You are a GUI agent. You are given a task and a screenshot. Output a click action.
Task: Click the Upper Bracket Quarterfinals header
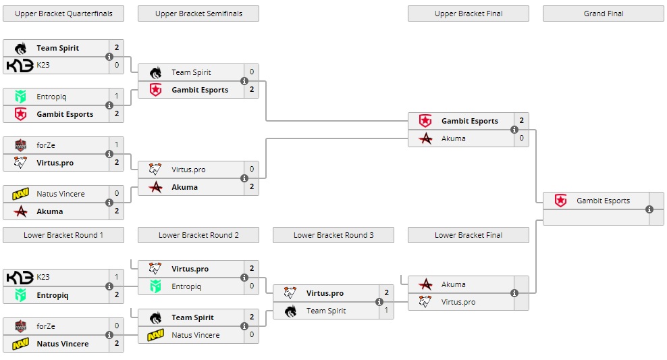point(63,14)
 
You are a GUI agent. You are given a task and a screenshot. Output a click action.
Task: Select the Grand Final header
point(604,14)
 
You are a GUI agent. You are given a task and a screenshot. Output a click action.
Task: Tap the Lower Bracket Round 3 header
point(333,235)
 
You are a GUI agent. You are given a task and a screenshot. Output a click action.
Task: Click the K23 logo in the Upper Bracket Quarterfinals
point(18,66)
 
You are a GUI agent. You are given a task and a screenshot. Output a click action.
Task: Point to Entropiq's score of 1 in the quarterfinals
point(116,97)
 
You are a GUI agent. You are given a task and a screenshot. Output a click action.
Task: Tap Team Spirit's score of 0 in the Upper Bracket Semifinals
point(251,72)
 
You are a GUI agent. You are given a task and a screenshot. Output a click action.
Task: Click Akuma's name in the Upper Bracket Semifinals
point(184,187)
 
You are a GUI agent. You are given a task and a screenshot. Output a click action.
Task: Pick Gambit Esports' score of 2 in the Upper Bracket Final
point(521,121)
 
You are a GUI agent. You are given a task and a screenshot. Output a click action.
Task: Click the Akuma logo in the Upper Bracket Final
point(425,138)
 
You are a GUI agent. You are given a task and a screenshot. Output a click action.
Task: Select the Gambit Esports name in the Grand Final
point(603,201)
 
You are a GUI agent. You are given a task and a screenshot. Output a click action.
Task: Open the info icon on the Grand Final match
point(649,209)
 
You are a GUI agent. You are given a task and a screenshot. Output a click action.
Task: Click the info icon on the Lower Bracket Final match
point(514,293)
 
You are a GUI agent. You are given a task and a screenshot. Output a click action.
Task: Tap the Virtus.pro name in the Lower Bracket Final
point(458,302)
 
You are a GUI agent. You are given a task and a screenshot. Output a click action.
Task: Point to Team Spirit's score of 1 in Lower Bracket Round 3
point(386,311)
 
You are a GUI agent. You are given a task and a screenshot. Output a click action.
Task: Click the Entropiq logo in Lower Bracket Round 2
point(155,286)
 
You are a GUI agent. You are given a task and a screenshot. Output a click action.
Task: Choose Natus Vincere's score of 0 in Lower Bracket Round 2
point(251,335)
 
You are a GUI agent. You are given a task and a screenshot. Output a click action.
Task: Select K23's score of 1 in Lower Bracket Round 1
point(116,278)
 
